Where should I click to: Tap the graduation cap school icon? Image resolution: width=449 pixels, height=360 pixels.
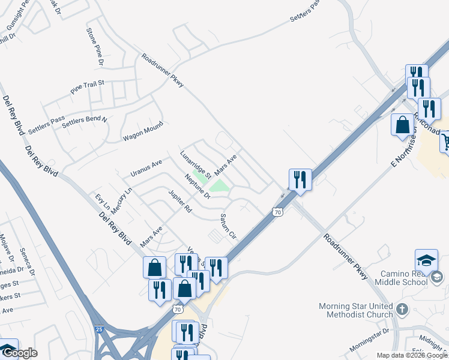(426, 260)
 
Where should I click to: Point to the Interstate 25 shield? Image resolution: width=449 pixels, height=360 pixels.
(99, 329)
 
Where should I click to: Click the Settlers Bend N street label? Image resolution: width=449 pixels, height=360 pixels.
(84, 120)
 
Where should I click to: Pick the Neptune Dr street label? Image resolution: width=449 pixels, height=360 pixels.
(197, 187)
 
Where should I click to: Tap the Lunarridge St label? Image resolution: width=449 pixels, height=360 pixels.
(196, 164)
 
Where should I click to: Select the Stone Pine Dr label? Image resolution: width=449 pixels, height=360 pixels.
(95, 46)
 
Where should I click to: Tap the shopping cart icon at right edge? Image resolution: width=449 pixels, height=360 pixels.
(445, 142)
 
